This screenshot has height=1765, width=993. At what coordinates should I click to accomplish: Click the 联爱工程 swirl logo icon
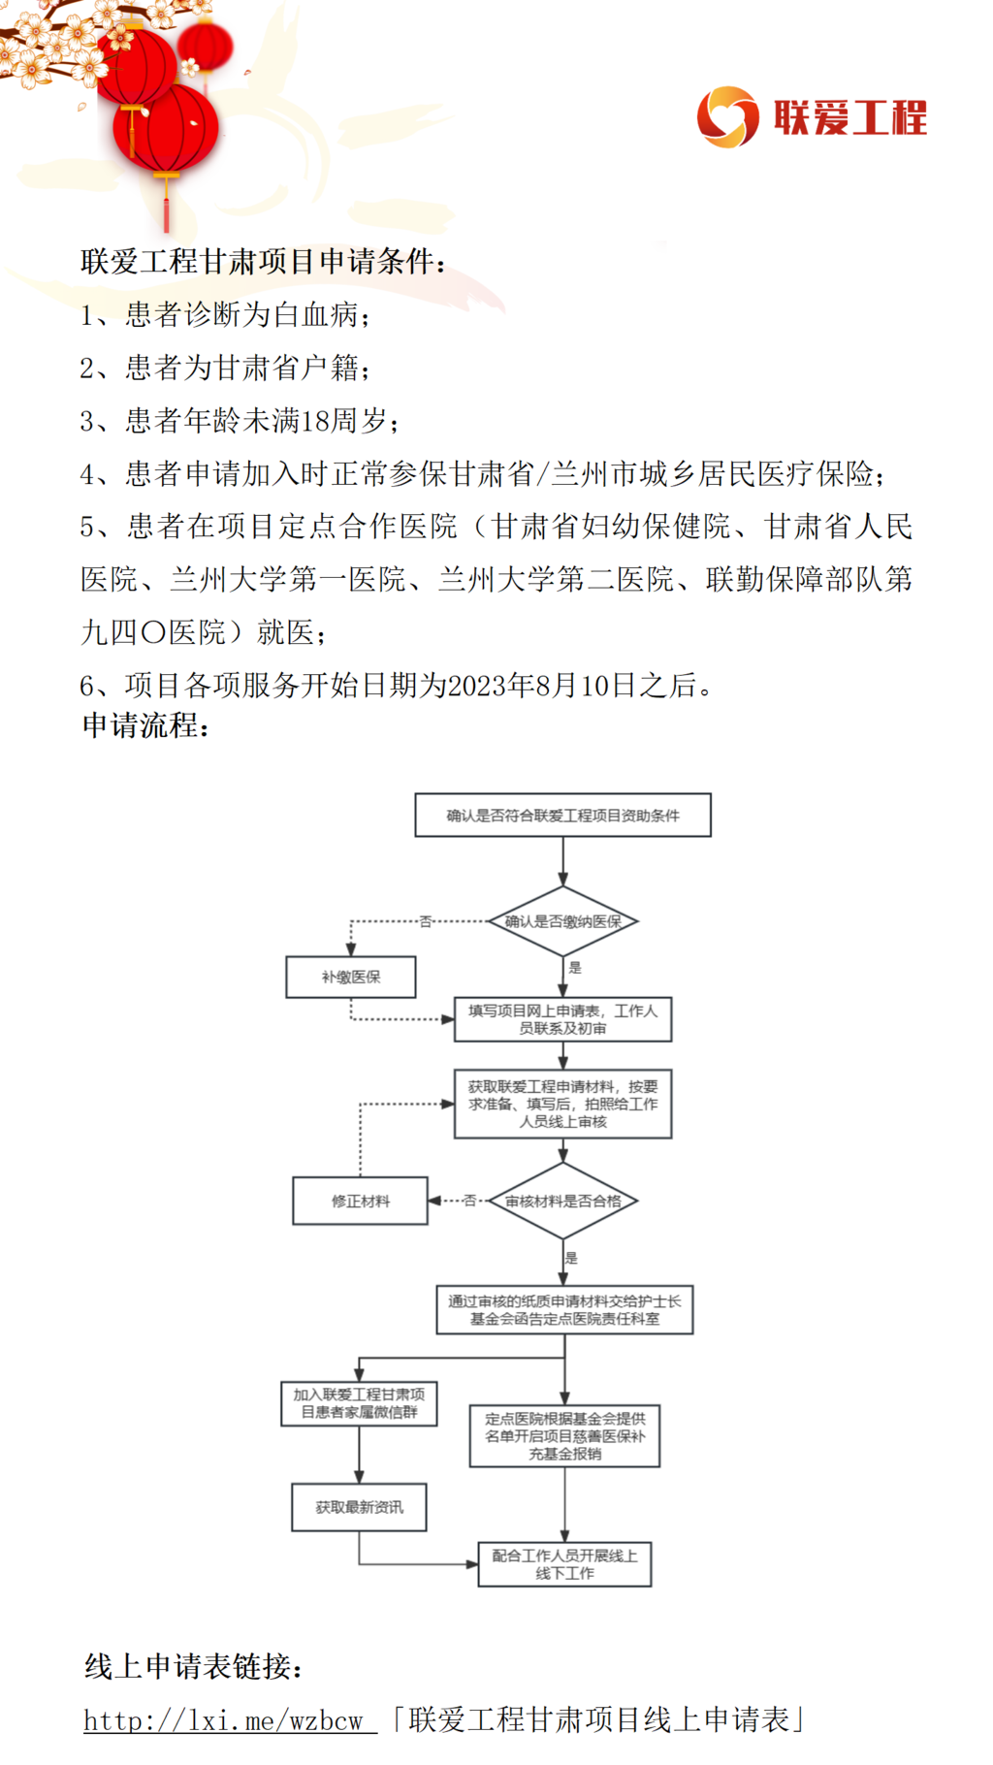point(727,116)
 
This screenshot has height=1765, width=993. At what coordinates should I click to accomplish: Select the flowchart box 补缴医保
point(351,977)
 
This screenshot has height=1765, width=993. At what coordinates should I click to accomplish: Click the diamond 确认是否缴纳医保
point(562,921)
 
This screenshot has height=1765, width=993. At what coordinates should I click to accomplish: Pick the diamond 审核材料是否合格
point(562,1201)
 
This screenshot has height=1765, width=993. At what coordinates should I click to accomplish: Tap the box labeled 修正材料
point(360,1201)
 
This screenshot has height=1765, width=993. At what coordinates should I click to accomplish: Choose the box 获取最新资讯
point(359,1507)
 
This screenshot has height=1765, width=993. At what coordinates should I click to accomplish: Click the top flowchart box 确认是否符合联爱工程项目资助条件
point(562,815)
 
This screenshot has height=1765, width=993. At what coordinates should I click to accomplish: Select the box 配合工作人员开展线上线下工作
point(564,1564)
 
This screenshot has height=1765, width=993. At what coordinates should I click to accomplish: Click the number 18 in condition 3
point(316,421)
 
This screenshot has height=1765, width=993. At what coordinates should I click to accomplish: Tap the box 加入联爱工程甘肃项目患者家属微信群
point(359,1403)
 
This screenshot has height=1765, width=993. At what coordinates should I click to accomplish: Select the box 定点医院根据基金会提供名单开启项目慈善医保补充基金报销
point(564,1435)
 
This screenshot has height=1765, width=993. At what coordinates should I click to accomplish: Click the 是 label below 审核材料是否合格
point(571,1258)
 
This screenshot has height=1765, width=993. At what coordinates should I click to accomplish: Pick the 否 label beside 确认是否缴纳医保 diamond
point(426,921)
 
